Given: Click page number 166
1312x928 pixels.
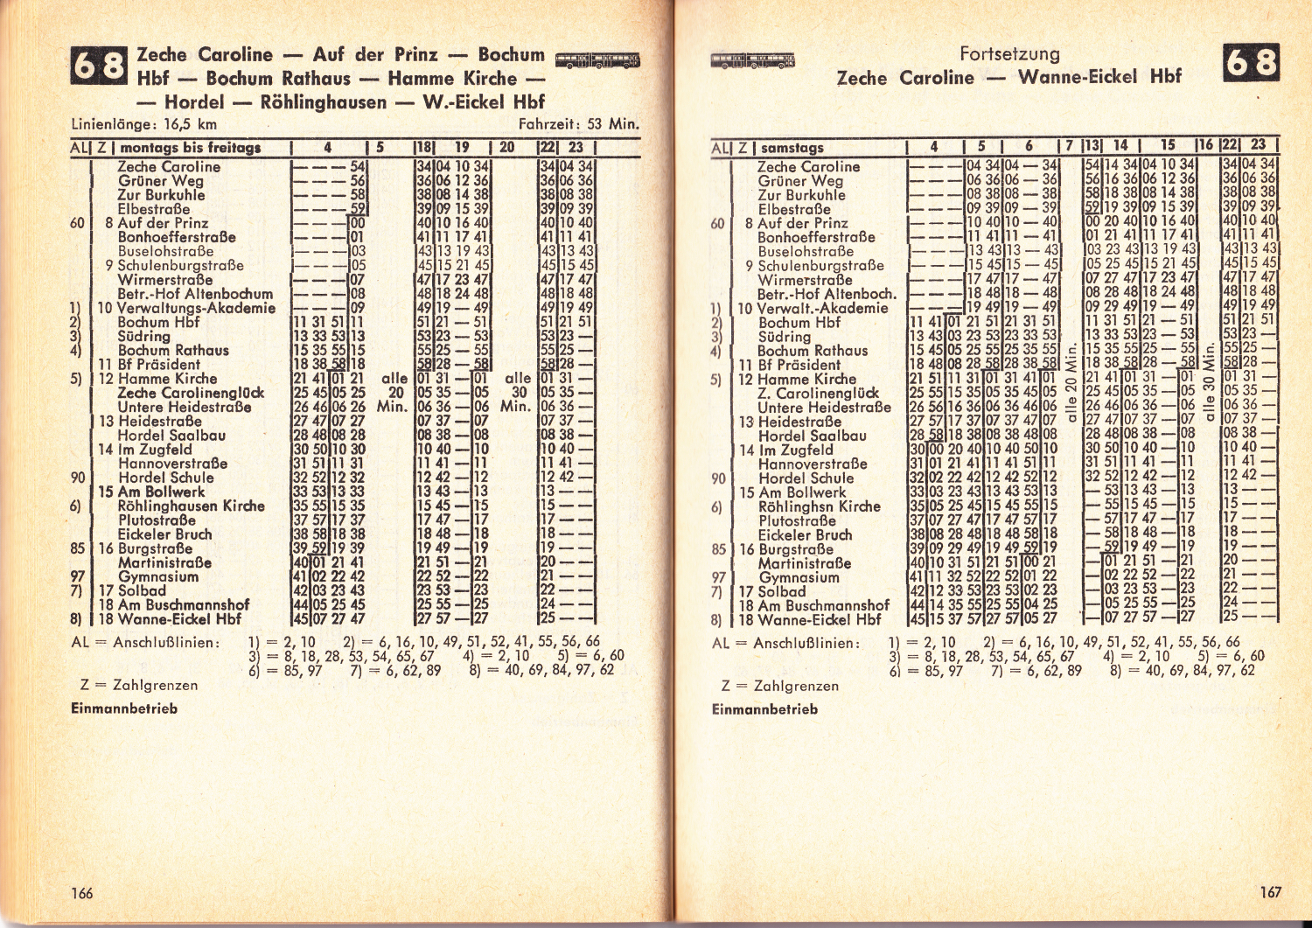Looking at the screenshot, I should pyautogui.click(x=81, y=893).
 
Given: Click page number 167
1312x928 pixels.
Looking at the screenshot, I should pyautogui.click(x=1270, y=892).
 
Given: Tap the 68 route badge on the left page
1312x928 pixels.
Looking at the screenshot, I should pyautogui.click(x=99, y=67).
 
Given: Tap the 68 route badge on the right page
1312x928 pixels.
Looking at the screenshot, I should pyautogui.click(x=1252, y=64).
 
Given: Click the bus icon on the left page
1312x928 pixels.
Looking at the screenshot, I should pyautogui.click(x=597, y=60).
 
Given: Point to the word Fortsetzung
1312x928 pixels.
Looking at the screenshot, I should pyautogui.click(x=1009, y=54).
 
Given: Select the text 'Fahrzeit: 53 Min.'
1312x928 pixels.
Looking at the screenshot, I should pyautogui.click(x=578, y=124).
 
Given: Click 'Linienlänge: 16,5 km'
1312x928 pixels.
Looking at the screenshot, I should pyautogui.click(x=143, y=124).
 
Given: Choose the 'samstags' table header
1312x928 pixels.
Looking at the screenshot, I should pyautogui.click(x=792, y=148).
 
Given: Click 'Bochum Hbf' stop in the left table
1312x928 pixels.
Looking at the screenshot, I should pyautogui.click(x=158, y=322).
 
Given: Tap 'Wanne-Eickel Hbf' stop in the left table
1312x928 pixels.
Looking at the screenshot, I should pyautogui.click(x=179, y=619).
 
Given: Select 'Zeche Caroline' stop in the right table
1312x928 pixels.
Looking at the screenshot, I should pyautogui.click(x=808, y=166).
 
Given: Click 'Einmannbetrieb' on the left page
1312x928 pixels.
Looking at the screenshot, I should pyautogui.click(x=124, y=708).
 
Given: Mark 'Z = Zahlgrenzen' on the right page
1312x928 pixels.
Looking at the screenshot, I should pyautogui.click(x=778, y=686).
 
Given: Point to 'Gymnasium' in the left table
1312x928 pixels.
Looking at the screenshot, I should pyautogui.click(x=158, y=576).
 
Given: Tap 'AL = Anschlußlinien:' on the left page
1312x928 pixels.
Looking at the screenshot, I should pyautogui.click(x=145, y=642).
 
